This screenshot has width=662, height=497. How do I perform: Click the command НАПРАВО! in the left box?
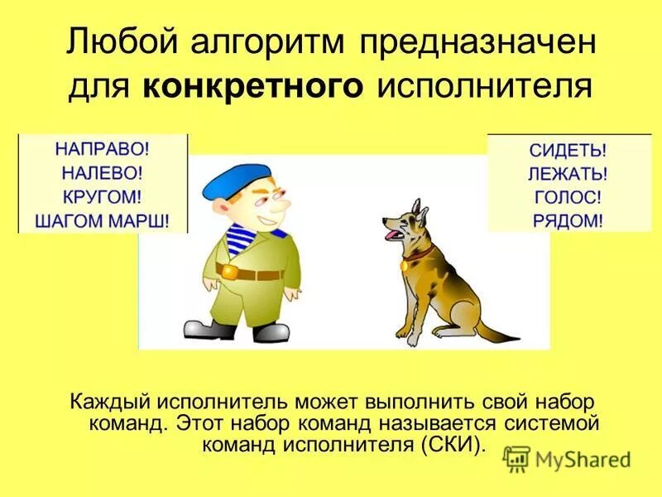(103, 151)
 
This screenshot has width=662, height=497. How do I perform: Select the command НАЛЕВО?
(103, 174)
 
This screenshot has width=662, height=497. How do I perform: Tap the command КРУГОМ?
(103, 197)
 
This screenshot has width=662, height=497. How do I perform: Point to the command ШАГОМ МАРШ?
(103, 220)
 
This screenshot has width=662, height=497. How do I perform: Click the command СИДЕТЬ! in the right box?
(568, 152)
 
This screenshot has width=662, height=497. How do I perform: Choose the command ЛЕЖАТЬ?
(568, 175)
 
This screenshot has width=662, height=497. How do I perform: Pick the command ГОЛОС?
(568, 198)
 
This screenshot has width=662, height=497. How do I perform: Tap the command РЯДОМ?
(568, 220)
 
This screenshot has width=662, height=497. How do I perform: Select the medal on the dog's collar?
(405, 265)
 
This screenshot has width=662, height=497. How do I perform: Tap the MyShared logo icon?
(517, 458)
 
